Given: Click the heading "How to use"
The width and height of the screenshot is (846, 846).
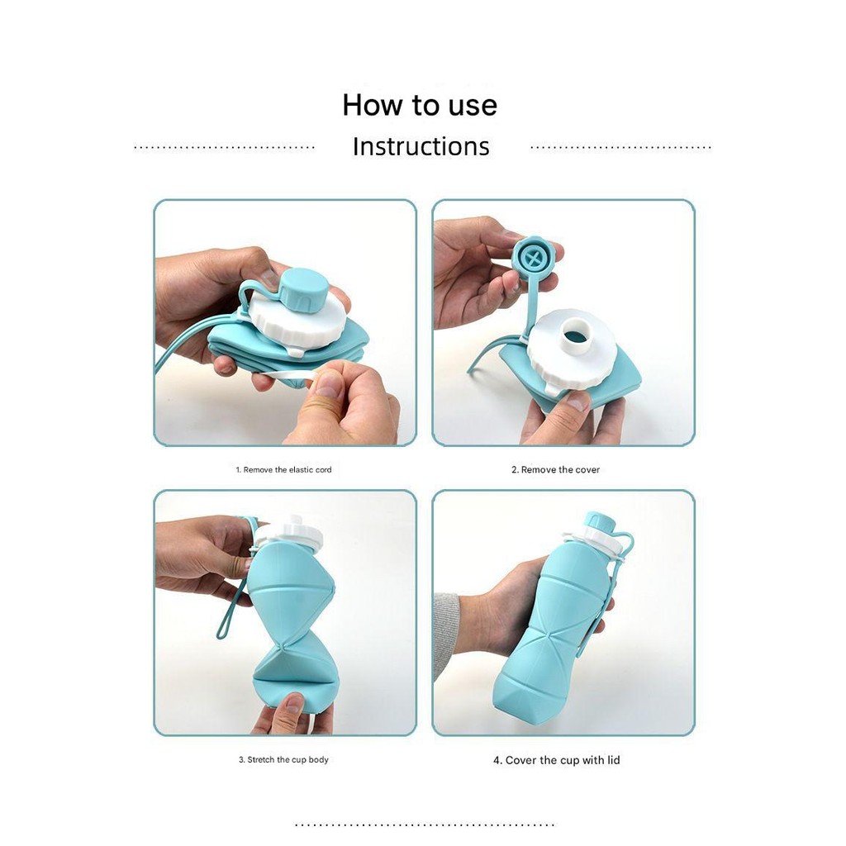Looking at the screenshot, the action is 420,105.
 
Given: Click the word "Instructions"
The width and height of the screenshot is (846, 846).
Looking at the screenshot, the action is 421,146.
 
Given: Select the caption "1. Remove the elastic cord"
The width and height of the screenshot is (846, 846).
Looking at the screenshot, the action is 284,470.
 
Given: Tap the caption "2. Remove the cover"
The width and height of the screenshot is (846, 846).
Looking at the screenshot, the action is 556,470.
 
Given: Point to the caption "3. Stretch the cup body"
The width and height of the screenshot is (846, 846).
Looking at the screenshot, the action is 284,760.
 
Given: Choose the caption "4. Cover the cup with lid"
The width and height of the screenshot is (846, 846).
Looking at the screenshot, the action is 556,760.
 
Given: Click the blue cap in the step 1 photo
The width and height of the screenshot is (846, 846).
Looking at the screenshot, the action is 301,290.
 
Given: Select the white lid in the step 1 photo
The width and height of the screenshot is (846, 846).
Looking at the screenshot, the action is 297,322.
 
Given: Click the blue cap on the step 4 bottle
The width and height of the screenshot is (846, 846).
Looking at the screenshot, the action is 600,522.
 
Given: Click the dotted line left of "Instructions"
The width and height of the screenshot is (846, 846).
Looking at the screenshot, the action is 224,147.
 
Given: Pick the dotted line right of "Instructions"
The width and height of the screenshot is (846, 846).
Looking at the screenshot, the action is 621,147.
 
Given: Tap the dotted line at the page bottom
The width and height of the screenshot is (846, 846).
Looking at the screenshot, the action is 425,825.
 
